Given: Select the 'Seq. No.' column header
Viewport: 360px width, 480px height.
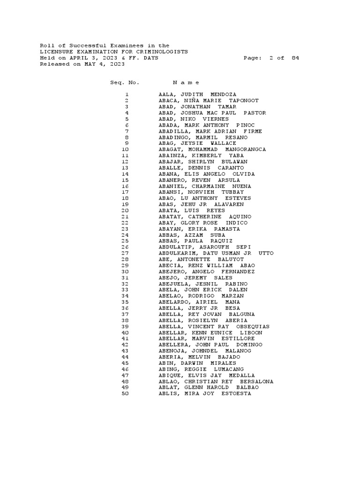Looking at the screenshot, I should coord(125,82).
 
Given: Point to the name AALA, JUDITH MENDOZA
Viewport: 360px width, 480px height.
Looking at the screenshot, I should coord(197,95).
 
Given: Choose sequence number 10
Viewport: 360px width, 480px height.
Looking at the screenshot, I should coord(125,150).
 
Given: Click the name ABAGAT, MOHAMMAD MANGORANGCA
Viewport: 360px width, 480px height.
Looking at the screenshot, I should coord(212,150).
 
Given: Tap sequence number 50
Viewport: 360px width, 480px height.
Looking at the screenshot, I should coord(125,394).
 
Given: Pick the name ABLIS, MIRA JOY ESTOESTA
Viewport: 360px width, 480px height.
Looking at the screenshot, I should coord(205,394).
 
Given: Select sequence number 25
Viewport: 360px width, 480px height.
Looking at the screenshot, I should coord(125,241).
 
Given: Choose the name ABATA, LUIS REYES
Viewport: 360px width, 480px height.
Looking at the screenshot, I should coord(192,210).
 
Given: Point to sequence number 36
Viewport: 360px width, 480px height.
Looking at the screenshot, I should coord(125,308).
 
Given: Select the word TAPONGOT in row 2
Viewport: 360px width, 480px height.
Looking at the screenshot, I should coord(243,101).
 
